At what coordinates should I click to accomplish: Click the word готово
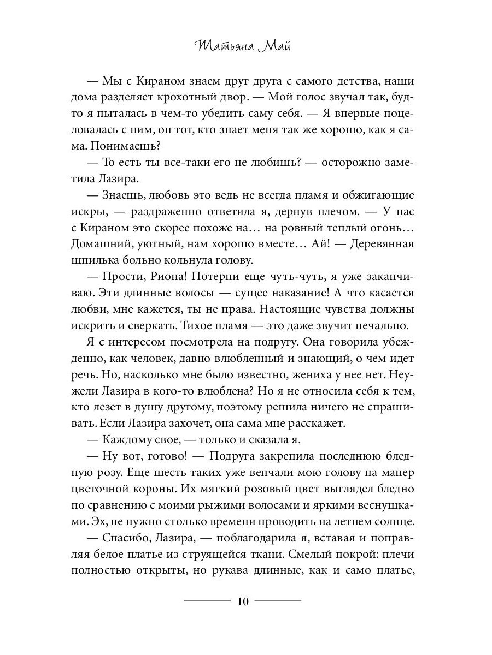point(170,440)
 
